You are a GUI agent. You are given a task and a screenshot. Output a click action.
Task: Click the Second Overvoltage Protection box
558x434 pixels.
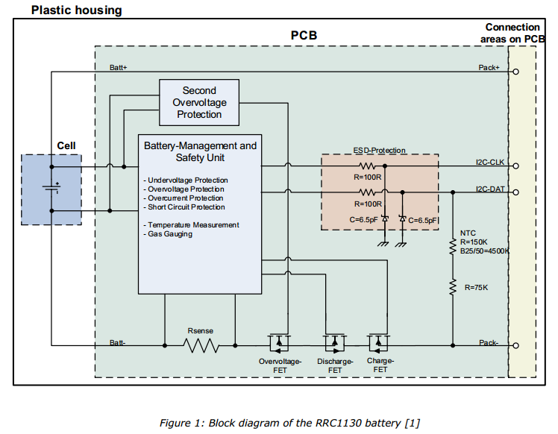click(x=199, y=103)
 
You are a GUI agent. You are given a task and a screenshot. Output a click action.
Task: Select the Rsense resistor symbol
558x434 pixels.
click(x=201, y=345)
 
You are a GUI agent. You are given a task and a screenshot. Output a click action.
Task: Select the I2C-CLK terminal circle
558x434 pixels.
click(x=515, y=166)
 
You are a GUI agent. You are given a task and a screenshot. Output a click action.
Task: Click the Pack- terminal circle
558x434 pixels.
click(x=515, y=345)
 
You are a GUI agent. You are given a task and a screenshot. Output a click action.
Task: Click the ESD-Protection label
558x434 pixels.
click(x=379, y=150)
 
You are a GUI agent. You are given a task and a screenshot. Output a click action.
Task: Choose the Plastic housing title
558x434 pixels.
click(x=87, y=10)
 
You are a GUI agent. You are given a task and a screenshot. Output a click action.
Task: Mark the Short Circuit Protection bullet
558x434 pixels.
click(x=186, y=207)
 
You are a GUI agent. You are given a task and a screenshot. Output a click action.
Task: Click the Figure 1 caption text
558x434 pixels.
click(x=289, y=423)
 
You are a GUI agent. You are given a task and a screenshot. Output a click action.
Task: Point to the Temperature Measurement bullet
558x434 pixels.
click(x=193, y=225)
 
